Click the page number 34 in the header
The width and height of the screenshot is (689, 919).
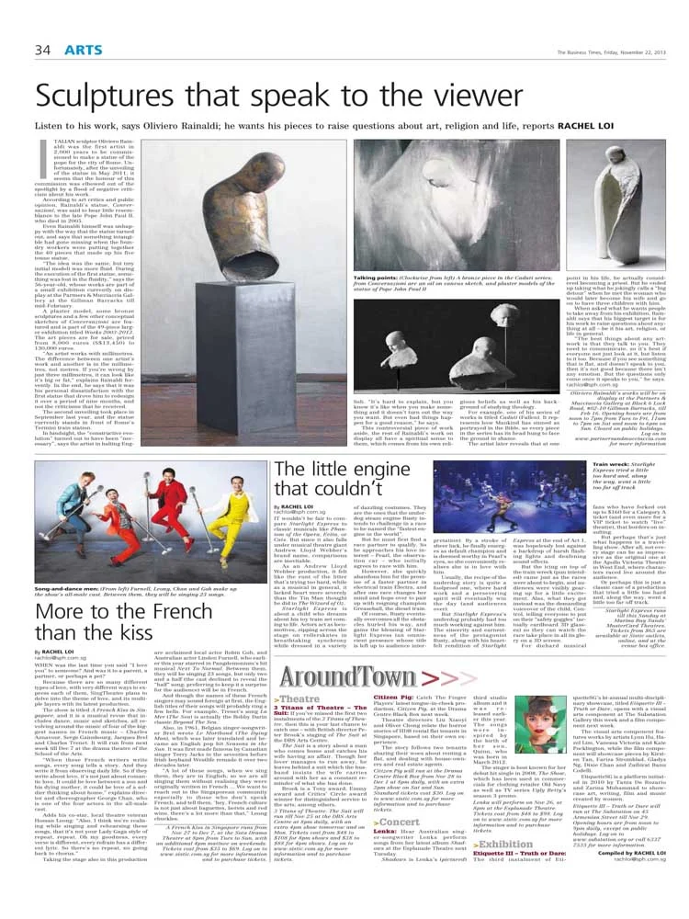point(42,49)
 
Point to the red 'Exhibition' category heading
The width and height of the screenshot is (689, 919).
point(481,843)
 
